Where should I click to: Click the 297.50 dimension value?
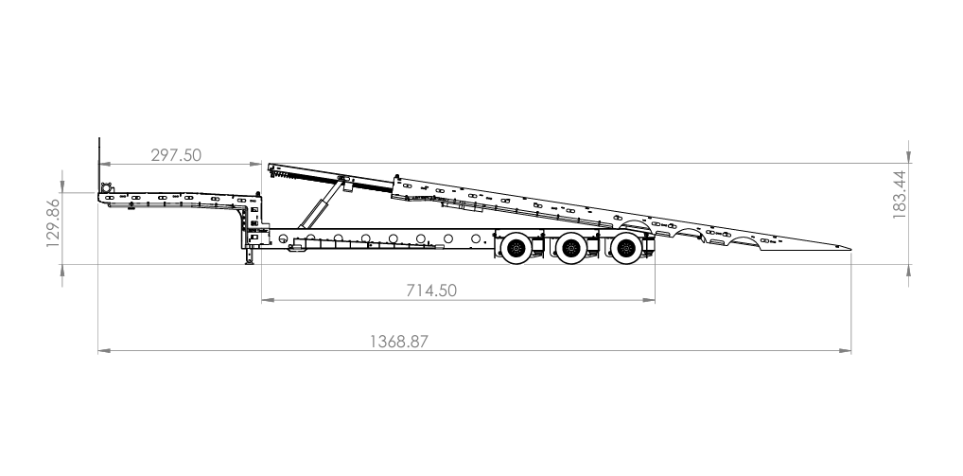click(x=176, y=155)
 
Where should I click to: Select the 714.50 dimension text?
click(x=431, y=291)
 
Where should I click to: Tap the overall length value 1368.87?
click(x=398, y=342)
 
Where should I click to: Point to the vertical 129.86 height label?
click(x=53, y=222)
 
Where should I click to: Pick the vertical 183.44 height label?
click(x=899, y=195)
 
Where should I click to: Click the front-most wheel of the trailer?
click(x=517, y=248)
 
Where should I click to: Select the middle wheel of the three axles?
click(x=571, y=248)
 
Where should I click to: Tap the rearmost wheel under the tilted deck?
click(x=626, y=248)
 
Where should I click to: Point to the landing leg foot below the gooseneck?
click(x=250, y=262)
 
